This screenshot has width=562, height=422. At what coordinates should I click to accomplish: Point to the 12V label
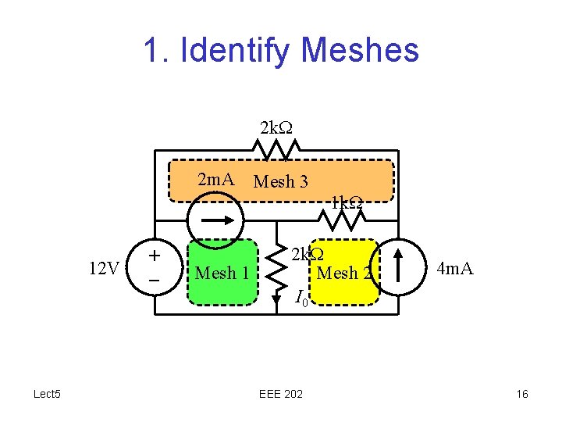tap(104, 270)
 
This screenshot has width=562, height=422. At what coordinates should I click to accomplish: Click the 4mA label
tap(455, 270)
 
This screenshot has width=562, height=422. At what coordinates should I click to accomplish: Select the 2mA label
tap(216, 181)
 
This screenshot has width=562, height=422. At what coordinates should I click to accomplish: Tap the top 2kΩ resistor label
tap(276, 127)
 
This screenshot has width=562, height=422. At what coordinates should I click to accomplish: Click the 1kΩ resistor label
tap(345, 203)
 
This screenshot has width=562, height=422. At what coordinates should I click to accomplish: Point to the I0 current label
tap(302, 298)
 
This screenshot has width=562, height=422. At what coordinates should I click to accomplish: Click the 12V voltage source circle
tap(155, 267)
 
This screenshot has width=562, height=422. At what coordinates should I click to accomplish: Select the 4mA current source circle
tap(399, 267)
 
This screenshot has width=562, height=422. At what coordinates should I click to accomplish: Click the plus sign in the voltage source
tap(155, 256)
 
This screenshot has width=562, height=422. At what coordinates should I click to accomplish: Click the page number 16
tap(522, 394)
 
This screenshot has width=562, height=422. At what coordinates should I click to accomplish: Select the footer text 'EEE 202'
tap(281, 394)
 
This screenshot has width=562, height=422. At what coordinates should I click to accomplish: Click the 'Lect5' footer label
tap(48, 394)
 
